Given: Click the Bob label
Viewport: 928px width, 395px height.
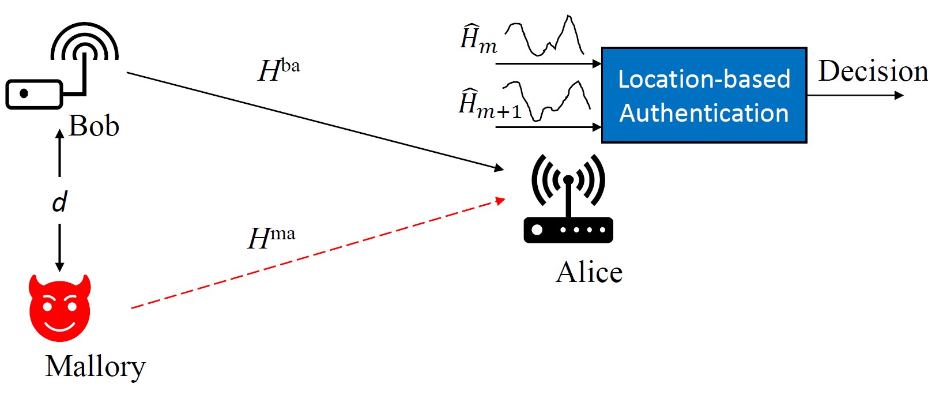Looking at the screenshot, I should click(x=93, y=126).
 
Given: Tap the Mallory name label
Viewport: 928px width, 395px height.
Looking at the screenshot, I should click(x=95, y=366).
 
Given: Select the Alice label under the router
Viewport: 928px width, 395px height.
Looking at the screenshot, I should click(x=589, y=272).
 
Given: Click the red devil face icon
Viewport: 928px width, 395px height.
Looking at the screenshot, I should click(x=60, y=308).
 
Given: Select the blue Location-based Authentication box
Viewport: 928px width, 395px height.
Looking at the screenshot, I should click(x=704, y=95).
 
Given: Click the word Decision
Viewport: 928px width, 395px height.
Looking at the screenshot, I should click(x=873, y=72).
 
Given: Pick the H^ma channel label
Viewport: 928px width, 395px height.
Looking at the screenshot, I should click(x=271, y=237).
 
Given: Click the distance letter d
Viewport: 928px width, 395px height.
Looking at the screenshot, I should click(x=59, y=202).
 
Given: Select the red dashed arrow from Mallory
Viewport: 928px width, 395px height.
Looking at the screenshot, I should click(x=317, y=254).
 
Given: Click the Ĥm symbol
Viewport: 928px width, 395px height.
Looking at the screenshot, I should click(x=478, y=40).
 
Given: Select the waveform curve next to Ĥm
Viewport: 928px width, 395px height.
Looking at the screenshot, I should click(x=545, y=37).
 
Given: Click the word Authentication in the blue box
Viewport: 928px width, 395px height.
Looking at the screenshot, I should click(x=704, y=113).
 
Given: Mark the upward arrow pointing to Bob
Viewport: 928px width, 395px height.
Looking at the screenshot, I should click(x=59, y=152).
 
